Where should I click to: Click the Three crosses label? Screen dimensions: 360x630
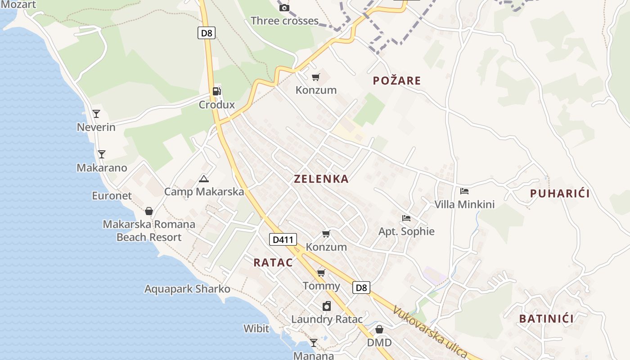284,21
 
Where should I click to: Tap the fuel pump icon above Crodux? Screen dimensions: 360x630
217,91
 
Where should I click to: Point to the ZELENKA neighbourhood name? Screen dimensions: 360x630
321,179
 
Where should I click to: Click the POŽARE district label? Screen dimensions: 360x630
397,81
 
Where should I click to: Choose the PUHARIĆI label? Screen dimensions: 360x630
560,193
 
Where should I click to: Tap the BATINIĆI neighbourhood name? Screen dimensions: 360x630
546,319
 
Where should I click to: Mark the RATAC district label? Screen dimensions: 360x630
273,262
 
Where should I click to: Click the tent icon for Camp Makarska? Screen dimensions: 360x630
204,179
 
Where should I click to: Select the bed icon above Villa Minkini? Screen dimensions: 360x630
464,191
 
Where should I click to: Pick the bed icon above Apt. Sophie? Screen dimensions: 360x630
406,218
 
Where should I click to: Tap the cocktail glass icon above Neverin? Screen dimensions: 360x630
96,113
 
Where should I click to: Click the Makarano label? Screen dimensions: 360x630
102,168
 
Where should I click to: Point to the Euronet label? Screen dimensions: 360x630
112,196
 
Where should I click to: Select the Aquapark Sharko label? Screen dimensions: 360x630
187,289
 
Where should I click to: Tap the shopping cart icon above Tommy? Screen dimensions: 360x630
321,273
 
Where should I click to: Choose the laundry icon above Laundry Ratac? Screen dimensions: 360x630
327,306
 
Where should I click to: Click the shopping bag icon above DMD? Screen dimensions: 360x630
379,329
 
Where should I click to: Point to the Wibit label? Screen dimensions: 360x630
256,328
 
